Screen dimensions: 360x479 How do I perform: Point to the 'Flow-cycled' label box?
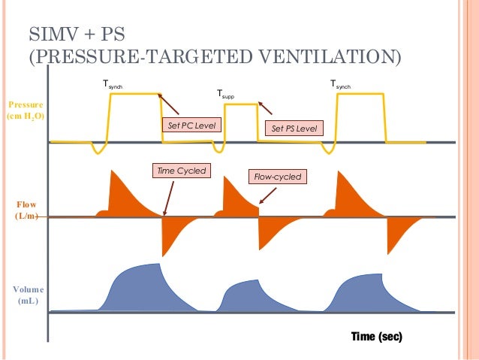pos(276,177)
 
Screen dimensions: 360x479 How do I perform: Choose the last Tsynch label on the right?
pos(340,86)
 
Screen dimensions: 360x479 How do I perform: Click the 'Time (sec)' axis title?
pos(377,336)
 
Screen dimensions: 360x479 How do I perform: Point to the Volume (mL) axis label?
pos(28,295)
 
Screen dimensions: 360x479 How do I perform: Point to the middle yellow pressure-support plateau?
pos(241,104)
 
